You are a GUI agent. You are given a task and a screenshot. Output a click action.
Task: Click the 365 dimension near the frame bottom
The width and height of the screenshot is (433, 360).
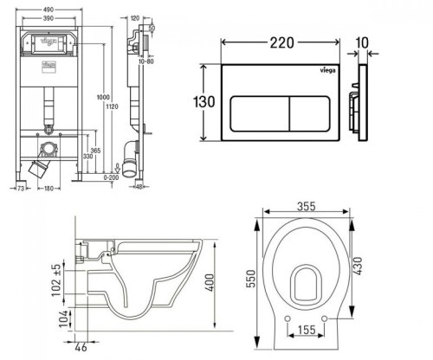pyautogui.click(x=92, y=150)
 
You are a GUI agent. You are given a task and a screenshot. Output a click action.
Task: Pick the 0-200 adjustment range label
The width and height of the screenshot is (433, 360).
pyautogui.click(x=111, y=175)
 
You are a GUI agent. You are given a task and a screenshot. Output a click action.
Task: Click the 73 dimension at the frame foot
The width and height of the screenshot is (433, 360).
pyautogui.click(x=22, y=185)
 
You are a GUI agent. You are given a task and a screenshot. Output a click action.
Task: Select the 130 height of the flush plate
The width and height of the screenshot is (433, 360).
pyautogui.click(x=203, y=102)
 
